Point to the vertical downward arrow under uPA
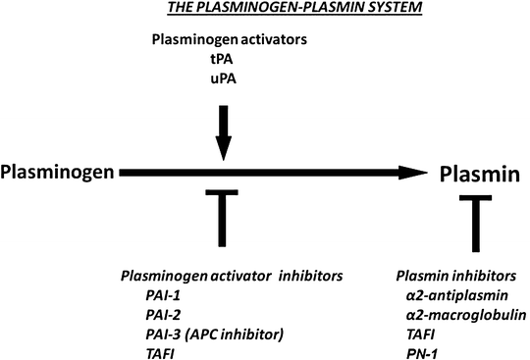225,128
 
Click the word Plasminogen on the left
57,174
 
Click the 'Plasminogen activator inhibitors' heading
231,278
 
